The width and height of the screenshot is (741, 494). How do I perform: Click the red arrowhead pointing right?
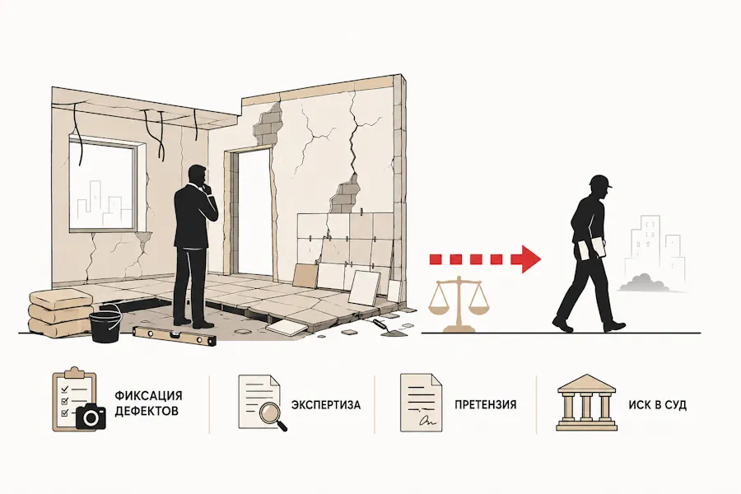point(530,259)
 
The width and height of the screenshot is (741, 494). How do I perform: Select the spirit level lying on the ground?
point(174,337)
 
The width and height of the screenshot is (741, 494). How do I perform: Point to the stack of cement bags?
point(60,311)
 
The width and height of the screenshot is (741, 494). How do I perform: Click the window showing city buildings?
point(104,184)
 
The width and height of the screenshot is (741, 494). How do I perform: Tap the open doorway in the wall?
point(249,212)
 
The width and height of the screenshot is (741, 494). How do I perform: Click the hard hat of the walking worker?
point(600,181)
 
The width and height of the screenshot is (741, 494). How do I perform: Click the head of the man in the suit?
point(196,176)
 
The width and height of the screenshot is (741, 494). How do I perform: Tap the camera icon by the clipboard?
point(91,416)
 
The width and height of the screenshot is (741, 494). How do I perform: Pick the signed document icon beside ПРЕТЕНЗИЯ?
point(421,403)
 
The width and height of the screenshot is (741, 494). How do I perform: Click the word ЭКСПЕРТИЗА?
point(325,405)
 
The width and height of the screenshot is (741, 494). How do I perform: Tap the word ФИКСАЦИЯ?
point(148,396)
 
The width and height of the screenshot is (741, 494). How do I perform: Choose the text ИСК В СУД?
point(657,405)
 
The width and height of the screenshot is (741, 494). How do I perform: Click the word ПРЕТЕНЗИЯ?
point(485,404)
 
